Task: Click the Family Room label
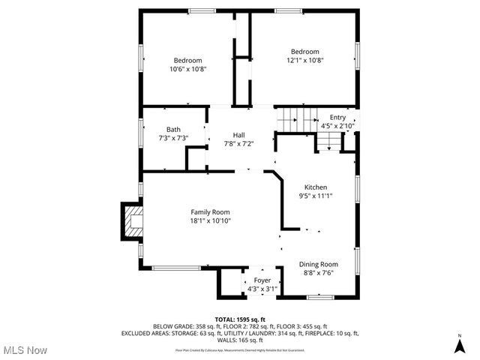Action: click(x=210, y=211)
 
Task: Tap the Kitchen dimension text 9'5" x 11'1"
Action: click(x=316, y=196)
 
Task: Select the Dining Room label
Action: click(x=319, y=264)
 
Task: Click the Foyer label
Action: click(x=262, y=280)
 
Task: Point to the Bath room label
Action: click(x=173, y=129)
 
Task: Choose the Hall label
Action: click(x=238, y=135)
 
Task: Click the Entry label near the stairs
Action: click(x=338, y=117)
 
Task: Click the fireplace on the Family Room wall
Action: click(x=132, y=221)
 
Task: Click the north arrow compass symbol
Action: click(x=459, y=345)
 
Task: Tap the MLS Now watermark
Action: click(x=24, y=350)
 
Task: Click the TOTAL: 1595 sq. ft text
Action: click(x=240, y=319)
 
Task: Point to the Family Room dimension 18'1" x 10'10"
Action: click(x=210, y=220)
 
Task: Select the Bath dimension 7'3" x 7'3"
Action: click(x=173, y=138)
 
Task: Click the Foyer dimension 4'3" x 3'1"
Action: click(x=262, y=289)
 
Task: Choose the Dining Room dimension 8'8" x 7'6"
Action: click(x=319, y=273)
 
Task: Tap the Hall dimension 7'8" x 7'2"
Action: click(x=238, y=144)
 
